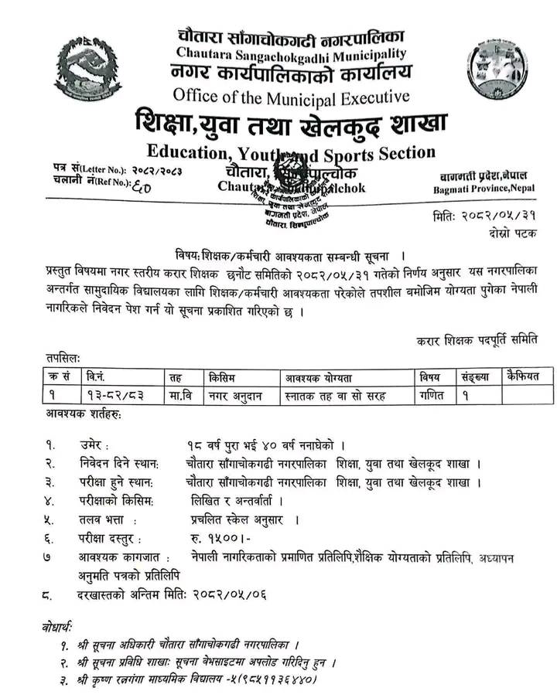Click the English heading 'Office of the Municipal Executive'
tap(292, 97)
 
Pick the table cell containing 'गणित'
tap(429, 395)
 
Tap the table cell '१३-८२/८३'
tap(114, 395)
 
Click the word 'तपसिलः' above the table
tap(63, 358)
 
